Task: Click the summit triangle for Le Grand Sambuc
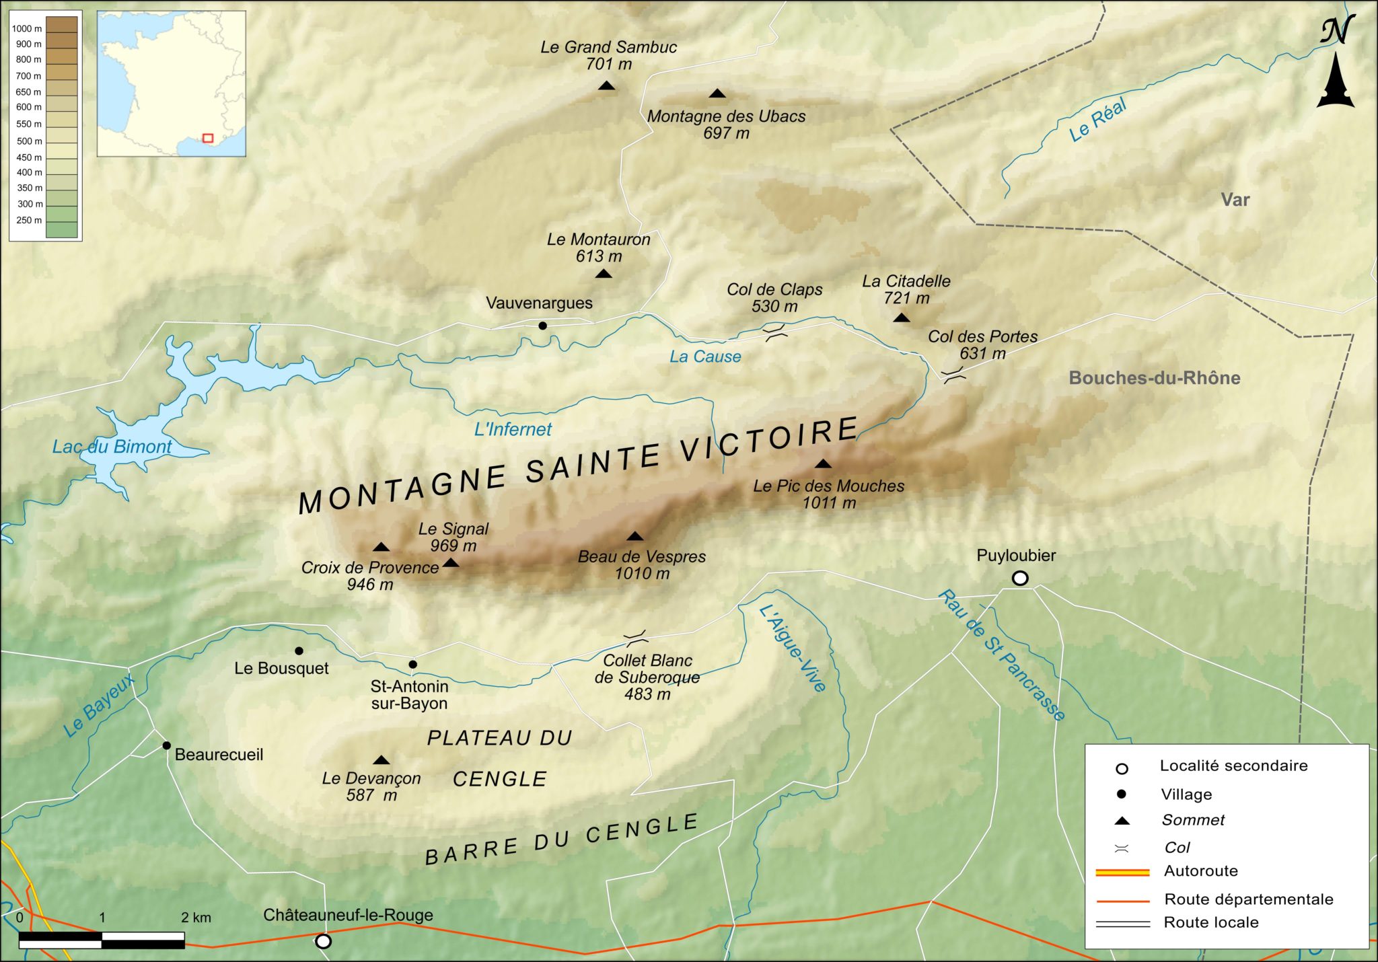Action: tap(606, 85)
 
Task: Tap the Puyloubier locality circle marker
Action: tap(1020, 578)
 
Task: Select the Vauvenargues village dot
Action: tap(542, 326)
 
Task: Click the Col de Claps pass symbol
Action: tap(775, 332)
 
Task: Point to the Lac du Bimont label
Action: tap(112, 447)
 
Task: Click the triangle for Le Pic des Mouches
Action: tap(823, 464)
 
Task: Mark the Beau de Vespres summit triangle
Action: tap(634, 536)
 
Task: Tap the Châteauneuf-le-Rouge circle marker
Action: tap(323, 941)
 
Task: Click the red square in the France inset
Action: tap(208, 138)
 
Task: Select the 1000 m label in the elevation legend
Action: tap(27, 29)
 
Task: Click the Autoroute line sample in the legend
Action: tap(1122, 873)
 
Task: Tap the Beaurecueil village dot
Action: tap(166, 745)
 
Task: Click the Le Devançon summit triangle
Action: tap(382, 760)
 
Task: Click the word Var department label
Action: tap(1235, 200)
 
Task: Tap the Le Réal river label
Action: tap(1097, 120)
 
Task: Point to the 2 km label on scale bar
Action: tap(196, 918)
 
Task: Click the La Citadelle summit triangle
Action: tap(902, 318)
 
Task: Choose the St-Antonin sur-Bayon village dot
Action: tap(412, 664)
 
